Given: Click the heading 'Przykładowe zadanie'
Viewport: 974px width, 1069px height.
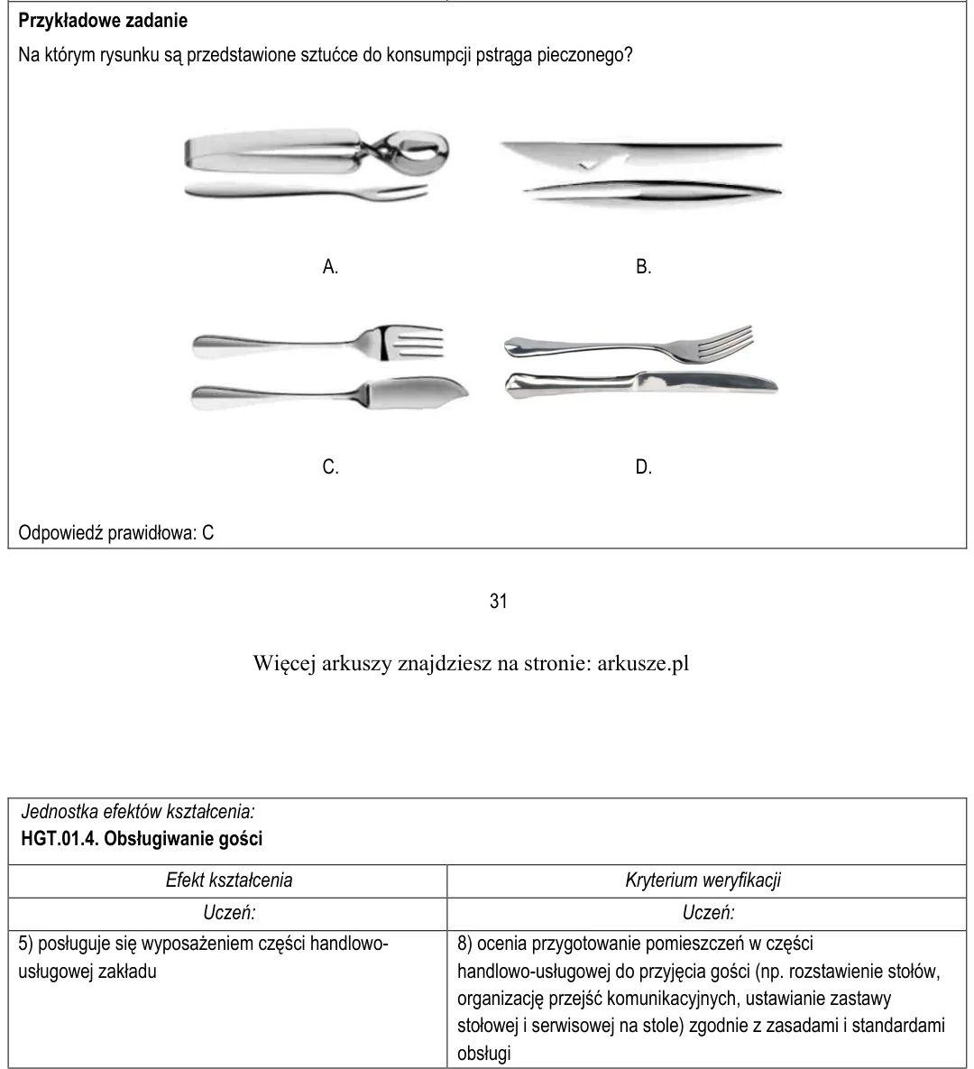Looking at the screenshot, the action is tap(103, 21).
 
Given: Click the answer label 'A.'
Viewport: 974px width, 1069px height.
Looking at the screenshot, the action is tap(330, 266).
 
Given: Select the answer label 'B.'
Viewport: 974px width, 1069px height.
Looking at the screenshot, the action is tap(643, 266).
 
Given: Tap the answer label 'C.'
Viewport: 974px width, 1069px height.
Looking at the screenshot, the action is tap(330, 467).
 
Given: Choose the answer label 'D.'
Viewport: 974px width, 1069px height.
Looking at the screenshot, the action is tap(643, 467).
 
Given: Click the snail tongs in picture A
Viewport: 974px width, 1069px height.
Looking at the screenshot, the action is tap(317, 152).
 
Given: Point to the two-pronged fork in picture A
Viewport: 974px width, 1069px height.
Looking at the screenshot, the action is tap(307, 192).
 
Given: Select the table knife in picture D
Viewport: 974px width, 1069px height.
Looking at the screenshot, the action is tap(640, 385).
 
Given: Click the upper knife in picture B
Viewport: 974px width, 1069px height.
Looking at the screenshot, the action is tap(640, 153).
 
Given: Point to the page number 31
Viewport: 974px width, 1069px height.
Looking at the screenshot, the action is tap(498, 601).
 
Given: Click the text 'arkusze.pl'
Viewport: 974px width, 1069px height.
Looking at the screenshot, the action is tap(643, 663).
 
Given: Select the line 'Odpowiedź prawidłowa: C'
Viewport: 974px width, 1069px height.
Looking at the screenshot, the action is tap(115, 532).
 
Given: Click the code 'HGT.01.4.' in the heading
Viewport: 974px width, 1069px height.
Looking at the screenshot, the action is tap(60, 838).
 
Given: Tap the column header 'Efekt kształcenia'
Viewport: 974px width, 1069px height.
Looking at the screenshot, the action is tap(229, 880).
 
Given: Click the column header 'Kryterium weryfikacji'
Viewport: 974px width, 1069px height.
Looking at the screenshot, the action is tap(703, 880).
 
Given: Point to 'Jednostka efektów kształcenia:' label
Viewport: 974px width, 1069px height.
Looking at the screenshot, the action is tap(138, 811).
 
